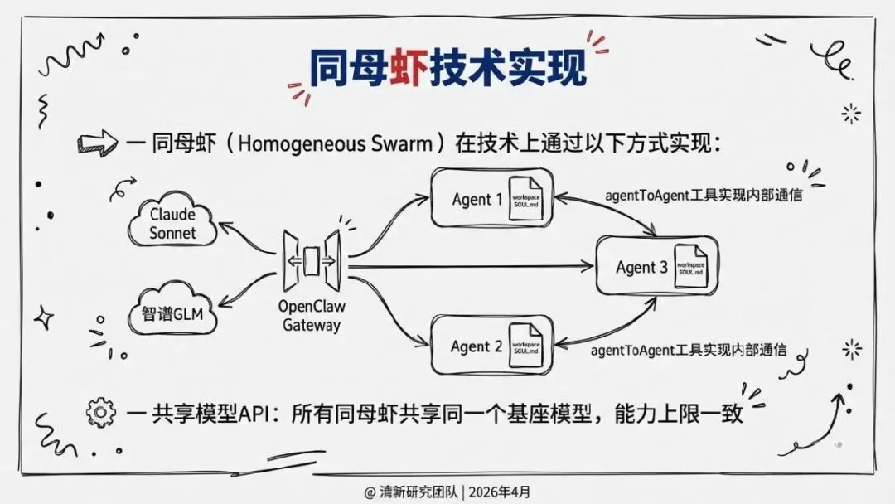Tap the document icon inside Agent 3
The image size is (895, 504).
point(689,266)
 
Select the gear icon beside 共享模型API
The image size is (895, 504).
point(100,411)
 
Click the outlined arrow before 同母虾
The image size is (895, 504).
point(95,143)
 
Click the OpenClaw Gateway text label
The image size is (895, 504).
point(311,316)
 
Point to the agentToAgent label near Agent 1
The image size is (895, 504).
point(704,196)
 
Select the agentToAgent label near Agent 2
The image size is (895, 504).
point(689,350)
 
